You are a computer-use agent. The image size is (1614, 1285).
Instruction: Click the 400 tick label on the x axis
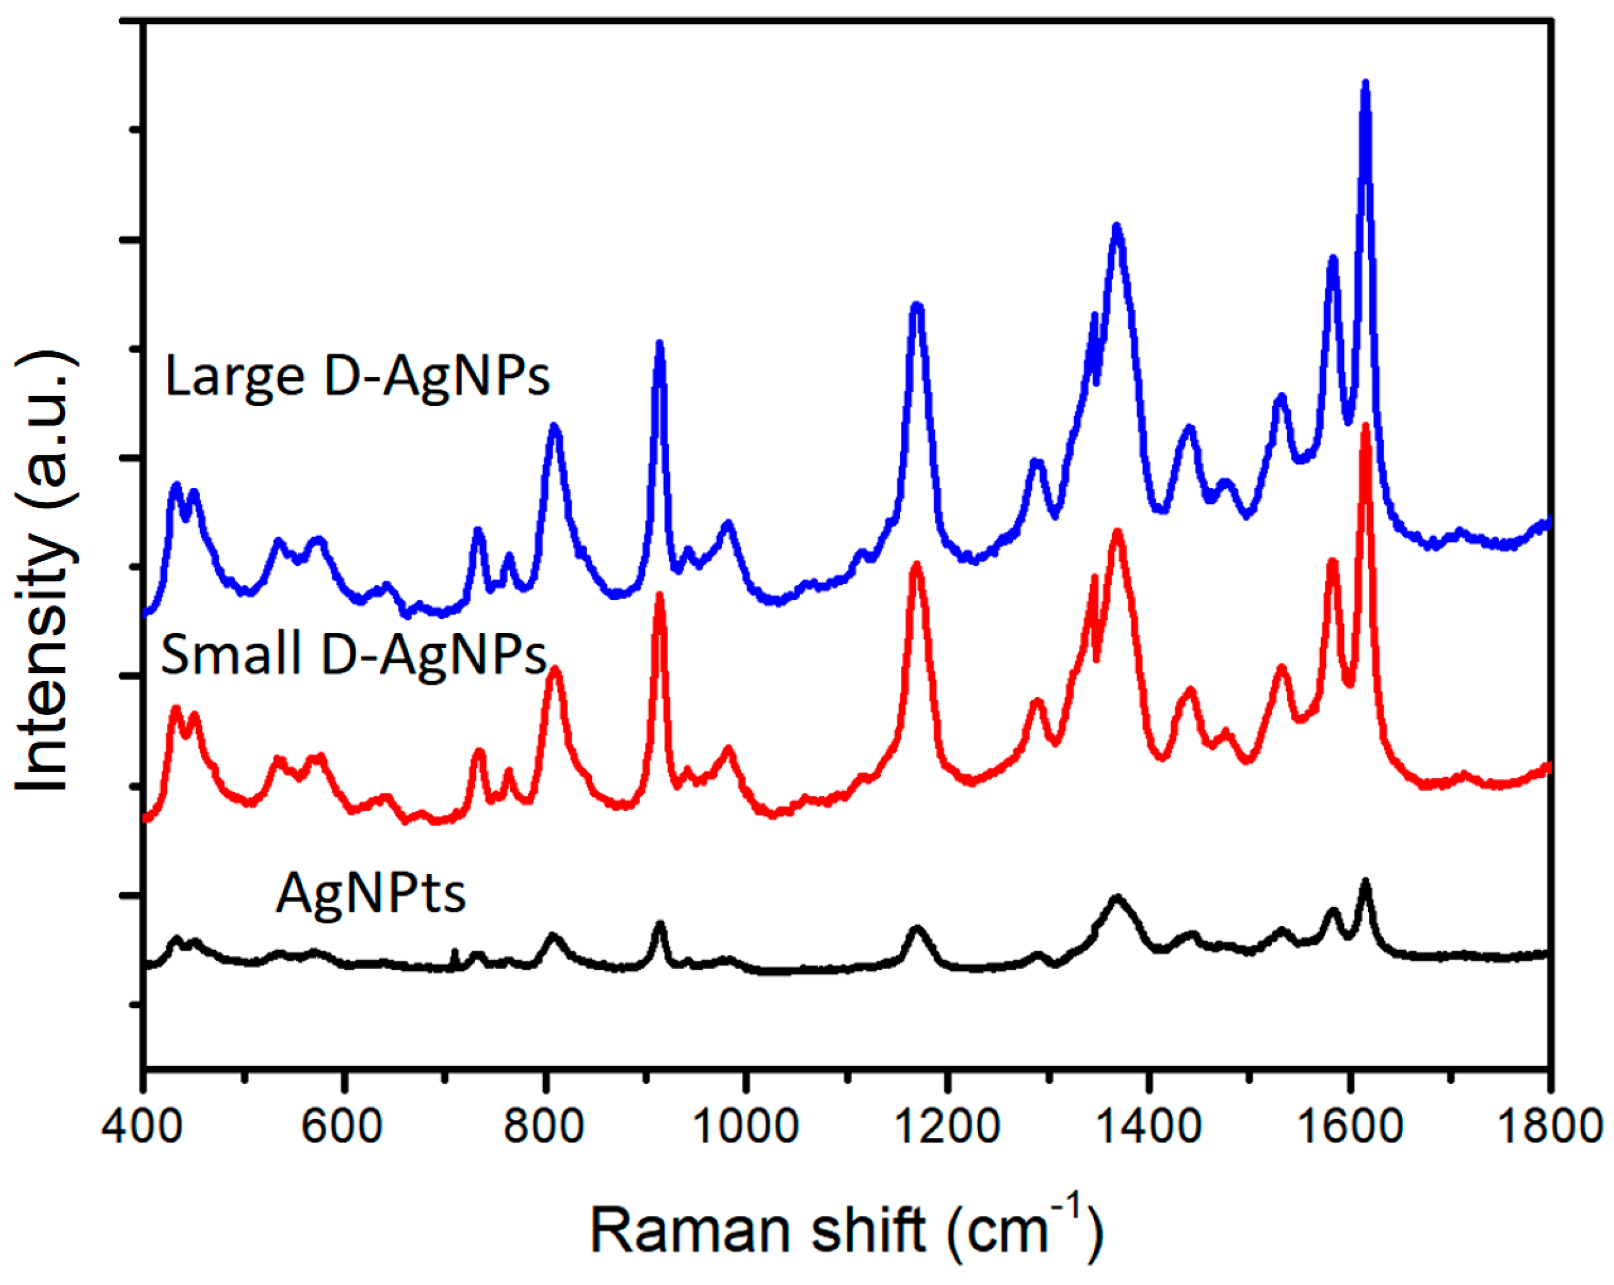142,1125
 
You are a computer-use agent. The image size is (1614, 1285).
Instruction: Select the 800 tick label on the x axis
544,1125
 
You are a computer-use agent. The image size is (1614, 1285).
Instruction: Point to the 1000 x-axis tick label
747,1125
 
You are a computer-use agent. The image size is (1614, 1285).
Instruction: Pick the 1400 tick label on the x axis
1149,1125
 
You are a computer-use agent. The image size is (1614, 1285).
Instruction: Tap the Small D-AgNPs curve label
353,654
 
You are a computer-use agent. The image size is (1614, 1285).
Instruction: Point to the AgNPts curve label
370,893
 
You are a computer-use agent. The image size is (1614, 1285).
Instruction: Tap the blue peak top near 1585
1332,260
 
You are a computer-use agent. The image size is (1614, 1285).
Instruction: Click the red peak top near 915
659,596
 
